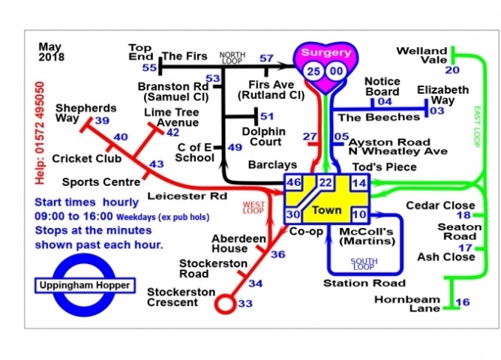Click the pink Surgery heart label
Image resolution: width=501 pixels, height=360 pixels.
(325, 53)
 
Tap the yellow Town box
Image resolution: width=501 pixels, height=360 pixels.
(326, 209)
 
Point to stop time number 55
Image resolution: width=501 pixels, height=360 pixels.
(149, 68)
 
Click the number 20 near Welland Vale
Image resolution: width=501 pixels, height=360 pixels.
(452, 70)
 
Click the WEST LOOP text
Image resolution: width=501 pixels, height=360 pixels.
(254, 208)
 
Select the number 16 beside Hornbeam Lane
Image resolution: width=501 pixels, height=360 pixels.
(463, 302)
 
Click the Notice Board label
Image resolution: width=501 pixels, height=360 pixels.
(382, 85)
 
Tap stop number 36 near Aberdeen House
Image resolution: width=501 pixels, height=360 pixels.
(277, 254)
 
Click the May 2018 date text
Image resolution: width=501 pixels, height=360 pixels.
(52, 51)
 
